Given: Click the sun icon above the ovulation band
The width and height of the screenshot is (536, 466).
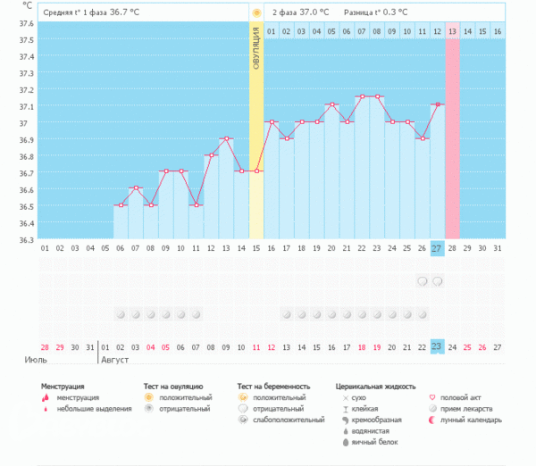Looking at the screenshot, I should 256,12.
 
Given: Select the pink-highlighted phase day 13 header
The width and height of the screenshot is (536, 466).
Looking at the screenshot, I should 452,31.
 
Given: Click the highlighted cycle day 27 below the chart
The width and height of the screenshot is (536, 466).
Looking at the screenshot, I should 437,247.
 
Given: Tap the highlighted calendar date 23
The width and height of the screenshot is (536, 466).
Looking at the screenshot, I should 437,346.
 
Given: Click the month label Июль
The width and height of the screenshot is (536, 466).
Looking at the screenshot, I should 35,360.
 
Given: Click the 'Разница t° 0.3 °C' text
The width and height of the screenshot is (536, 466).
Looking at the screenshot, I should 375,12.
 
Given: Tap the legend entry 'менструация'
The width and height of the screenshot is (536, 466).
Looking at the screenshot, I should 78,397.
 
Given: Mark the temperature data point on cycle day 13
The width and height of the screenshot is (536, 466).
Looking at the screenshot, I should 226,139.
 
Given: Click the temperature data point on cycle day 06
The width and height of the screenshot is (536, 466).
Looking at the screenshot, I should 120,205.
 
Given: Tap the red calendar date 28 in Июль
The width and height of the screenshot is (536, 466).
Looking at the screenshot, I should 45,346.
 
